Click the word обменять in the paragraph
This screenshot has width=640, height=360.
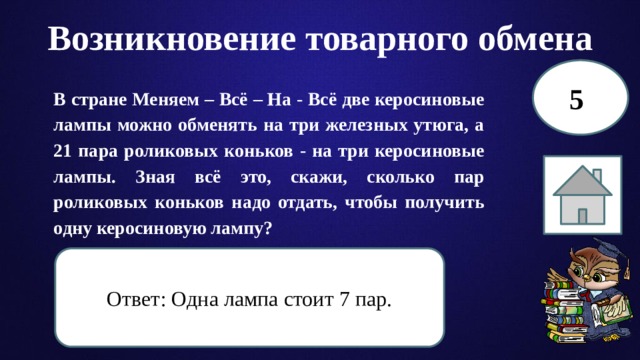point(214,126)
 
